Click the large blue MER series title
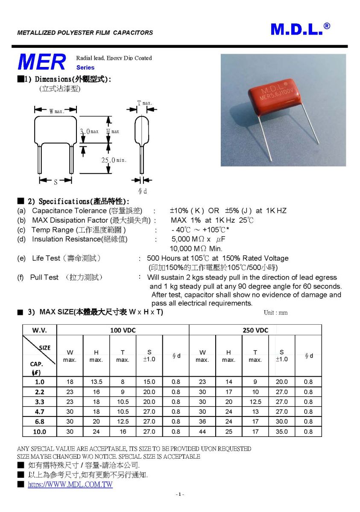42,62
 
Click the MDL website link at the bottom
70,485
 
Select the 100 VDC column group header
123,330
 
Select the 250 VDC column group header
255,330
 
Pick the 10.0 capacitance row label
39,431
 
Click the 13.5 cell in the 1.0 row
96,382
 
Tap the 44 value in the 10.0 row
202,431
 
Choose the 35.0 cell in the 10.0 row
281,431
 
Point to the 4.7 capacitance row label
39,412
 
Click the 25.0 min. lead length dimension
114,160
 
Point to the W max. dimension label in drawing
56,111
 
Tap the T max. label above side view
144,103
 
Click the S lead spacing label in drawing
56,182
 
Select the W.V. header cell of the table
39,330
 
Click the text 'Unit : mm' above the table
275,313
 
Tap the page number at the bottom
180,495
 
